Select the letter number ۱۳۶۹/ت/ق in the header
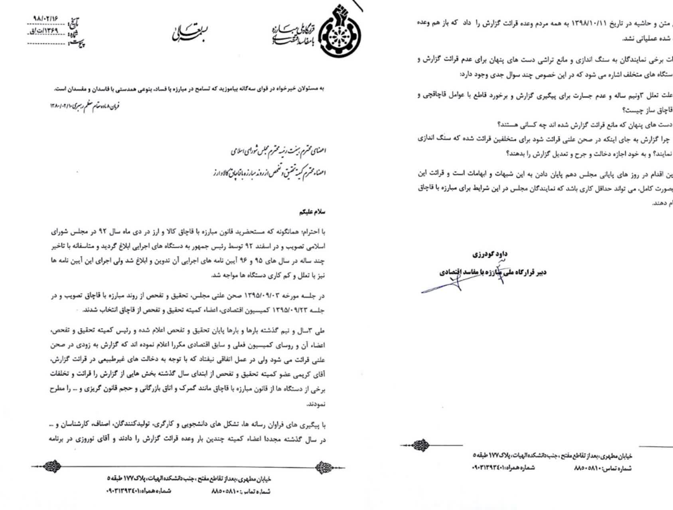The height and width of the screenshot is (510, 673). click(47, 31)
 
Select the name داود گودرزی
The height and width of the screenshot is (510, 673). click(490, 254)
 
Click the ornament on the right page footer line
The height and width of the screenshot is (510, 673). click(420, 445)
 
